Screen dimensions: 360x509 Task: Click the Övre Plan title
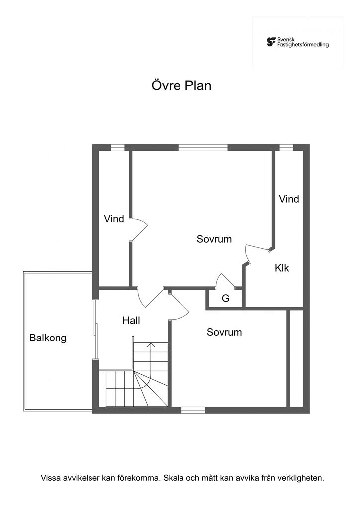(181, 85)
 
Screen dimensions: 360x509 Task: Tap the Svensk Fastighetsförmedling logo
(297, 42)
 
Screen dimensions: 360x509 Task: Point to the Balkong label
(48, 338)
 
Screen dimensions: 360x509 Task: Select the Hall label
(131, 321)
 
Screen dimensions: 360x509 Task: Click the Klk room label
(282, 268)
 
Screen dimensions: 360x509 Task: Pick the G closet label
(226, 298)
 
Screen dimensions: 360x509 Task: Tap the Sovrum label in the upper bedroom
(214, 239)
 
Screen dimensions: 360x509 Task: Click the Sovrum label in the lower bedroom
(224, 332)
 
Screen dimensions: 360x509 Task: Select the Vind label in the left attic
(114, 219)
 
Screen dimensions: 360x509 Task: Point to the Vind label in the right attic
(289, 199)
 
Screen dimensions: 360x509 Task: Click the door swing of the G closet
(226, 280)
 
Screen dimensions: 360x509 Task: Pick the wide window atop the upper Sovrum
(203, 148)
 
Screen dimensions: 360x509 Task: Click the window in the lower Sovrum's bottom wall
(193, 410)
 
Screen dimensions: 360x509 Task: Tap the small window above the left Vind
(118, 148)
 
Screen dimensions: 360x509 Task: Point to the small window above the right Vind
(286, 148)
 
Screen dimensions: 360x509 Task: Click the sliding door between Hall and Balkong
(96, 329)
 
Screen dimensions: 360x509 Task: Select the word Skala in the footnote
(174, 478)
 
